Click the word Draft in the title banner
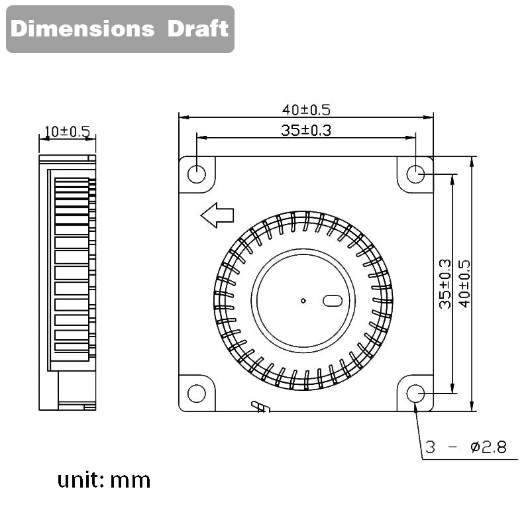point(197,29)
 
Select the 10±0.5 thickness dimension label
point(66,131)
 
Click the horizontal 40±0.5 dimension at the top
point(305,109)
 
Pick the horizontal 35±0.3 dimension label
point(305,130)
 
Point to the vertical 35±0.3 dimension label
point(445,283)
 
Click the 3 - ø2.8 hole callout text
point(466,448)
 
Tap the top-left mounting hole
point(197,174)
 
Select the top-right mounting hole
point(415,174)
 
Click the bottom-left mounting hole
point(197,394)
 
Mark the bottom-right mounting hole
point(415,394)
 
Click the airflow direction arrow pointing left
point(217,215)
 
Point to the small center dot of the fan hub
point(303,301)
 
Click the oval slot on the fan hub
point(332,301)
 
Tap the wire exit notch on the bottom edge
point(260,406)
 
